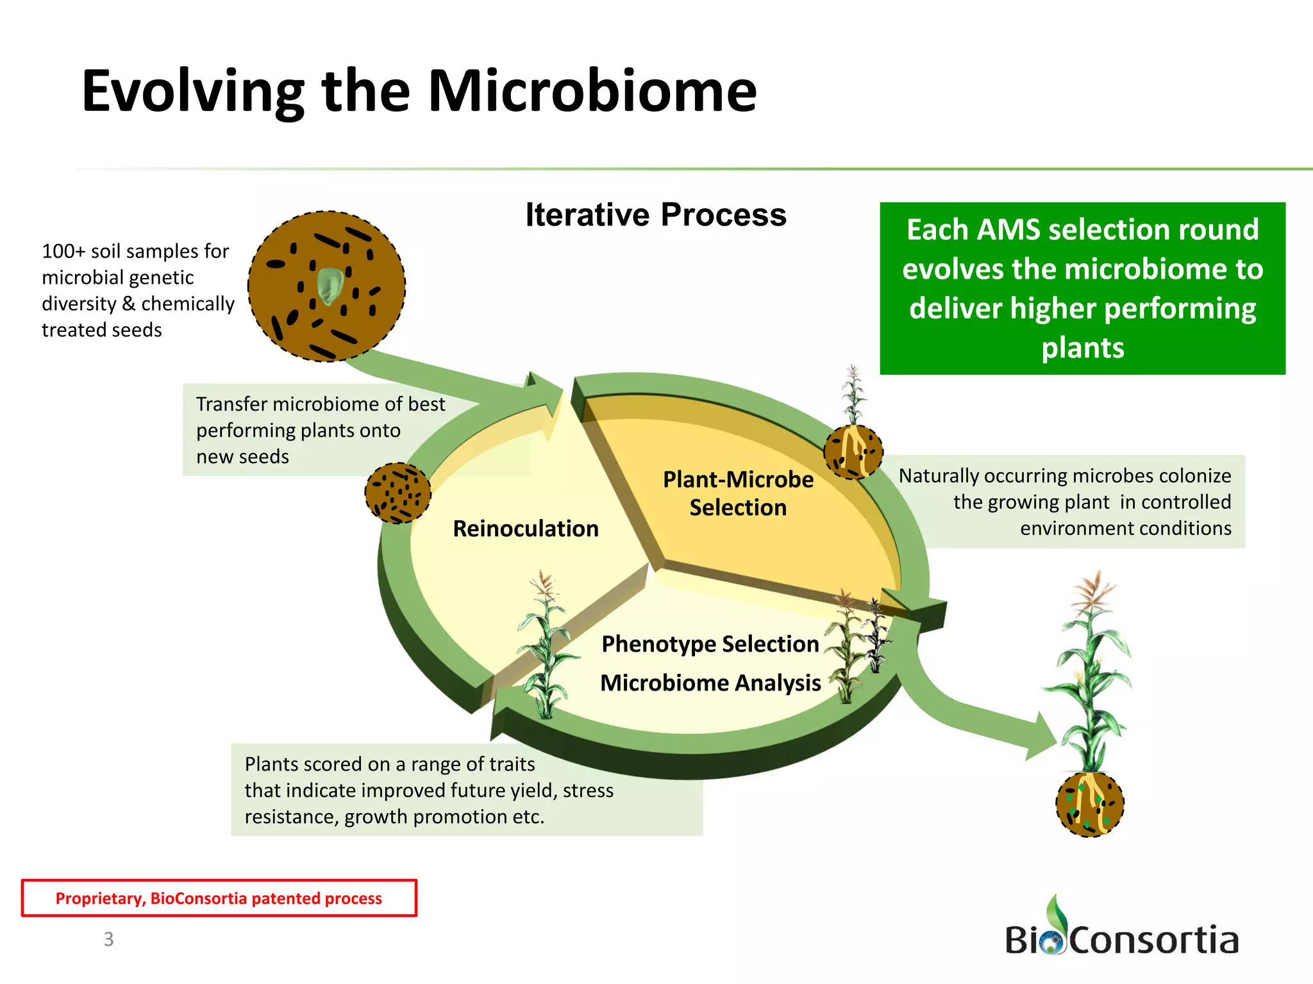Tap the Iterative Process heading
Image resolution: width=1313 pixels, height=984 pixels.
tap(655, 215)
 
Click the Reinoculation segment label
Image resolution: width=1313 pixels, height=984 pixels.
tap(526, 529)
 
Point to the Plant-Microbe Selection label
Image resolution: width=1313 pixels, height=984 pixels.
tap(738, 493)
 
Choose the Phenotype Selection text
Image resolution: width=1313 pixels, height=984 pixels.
tap(710, 644)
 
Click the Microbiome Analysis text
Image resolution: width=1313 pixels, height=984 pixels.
tap(710, 683)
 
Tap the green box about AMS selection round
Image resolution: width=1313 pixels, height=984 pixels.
tap(1082, 288)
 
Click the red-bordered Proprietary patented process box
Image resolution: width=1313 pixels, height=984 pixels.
tap(219, 898)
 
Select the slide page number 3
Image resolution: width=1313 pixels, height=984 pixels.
tap(109, 939)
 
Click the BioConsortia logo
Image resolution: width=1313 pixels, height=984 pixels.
tap(1121, 932)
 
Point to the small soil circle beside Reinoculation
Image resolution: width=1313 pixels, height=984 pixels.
tap(397, 493)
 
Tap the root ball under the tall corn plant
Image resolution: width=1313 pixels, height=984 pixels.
tap(1089, 805)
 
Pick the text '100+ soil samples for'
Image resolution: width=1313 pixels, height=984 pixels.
tap(135, 251)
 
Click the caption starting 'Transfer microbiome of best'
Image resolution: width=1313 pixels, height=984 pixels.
tap(320, 404)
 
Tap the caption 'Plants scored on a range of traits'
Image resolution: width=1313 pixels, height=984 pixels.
tap(389, 764)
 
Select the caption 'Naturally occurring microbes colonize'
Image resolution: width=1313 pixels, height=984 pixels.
tap(1064, 476)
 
